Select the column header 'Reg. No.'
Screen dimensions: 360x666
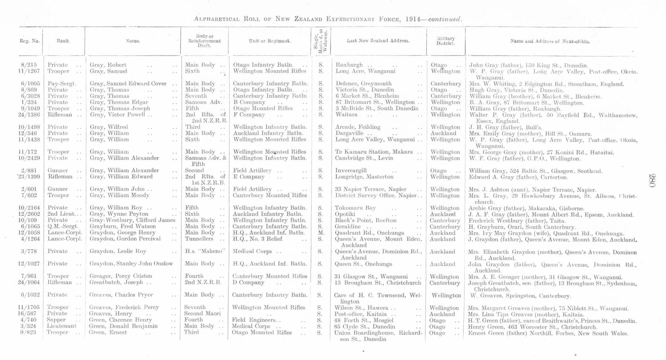pyautogui.click(x=30, y=41)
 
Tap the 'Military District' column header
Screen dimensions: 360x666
pyautogui.click(x=446, y=41)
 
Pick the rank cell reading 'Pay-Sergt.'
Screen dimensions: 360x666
pyautogui.click(x=62, y=84)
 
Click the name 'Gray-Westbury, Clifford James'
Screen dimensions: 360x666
pyautogui.click(x=132, y=220)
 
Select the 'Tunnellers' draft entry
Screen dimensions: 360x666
pyautogui.click(x=199, y=239)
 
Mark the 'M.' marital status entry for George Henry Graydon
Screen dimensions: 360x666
pyautogui.click(x=321, y=233)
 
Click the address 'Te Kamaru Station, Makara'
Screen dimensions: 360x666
pyautogui.click(x=374, y=152)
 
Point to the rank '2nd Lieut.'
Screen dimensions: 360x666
pyautogui.click(x=61, y=214)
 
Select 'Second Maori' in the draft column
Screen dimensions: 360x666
pyautogui.click(x=202, y=313)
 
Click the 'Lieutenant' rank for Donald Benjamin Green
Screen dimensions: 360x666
pyautogui.click(x=61, y=326)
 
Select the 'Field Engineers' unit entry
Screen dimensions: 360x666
pyautogui.click(x=254, y=320)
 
